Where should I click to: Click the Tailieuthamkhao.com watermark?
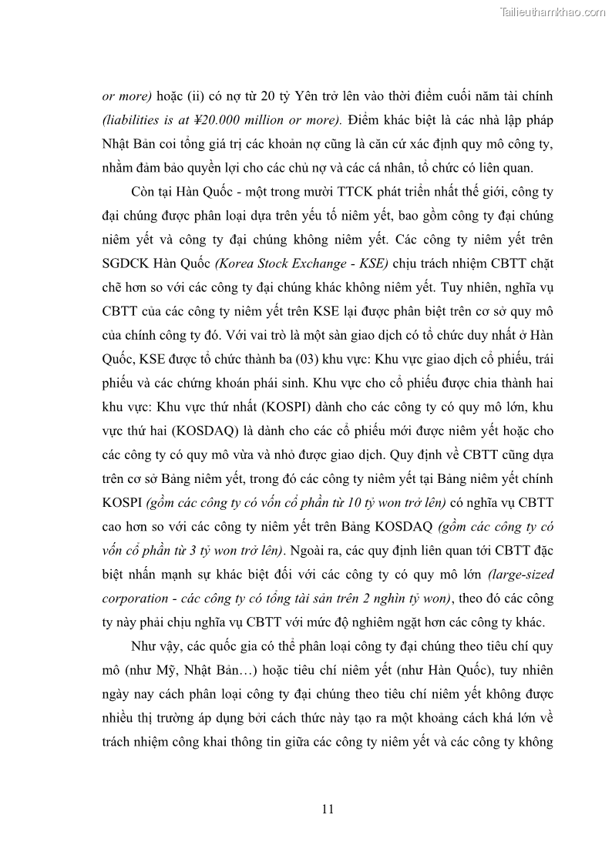coord(553,12)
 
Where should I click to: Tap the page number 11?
coord(327,808)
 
